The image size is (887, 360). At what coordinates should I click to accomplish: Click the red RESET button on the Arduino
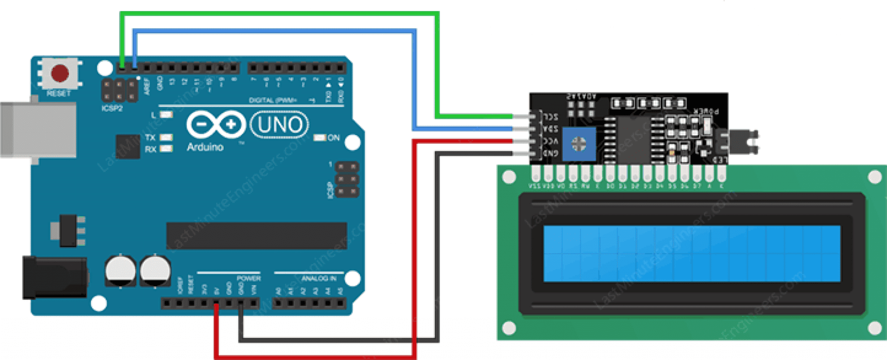click(60, 73)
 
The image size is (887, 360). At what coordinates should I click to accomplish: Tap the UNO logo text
click(280, 125)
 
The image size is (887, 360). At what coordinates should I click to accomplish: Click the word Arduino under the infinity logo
click(205, 147)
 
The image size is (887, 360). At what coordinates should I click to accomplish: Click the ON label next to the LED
click(333, 138)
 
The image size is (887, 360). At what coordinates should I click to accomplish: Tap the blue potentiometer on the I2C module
click(579, 143)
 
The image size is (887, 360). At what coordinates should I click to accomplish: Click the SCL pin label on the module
click(550, 117)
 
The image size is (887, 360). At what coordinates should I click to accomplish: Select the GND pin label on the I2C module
click(550, 153)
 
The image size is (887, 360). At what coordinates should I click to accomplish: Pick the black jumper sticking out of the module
click(743, 141)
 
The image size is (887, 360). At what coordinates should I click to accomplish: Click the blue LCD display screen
click(692, 253)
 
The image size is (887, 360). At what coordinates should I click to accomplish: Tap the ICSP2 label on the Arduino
click(112, 108)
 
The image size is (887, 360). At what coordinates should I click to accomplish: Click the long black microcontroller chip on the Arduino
click(256, 236)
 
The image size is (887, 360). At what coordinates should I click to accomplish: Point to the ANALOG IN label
click(319, 279)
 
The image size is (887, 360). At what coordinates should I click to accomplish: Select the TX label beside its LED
click(150, 137)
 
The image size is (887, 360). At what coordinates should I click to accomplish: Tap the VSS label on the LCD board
click(534, 186)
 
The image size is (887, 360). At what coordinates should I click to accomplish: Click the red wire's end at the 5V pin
click(216, 306)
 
